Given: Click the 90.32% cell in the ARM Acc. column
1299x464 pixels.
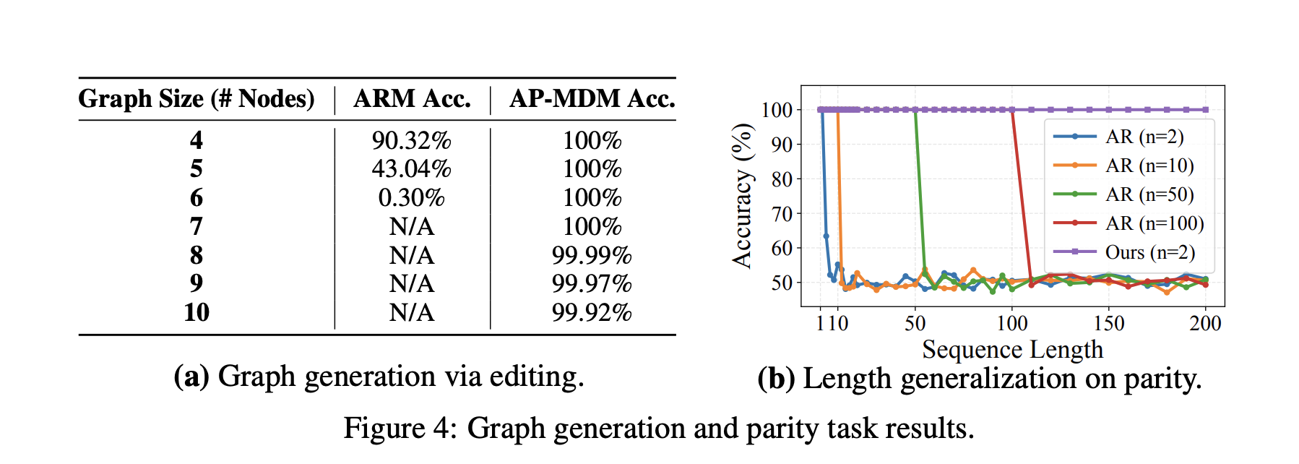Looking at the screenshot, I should pyautogui.click(x=411, y=140).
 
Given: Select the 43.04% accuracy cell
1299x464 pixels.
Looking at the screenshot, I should pyautogui.click(x=411, y=169).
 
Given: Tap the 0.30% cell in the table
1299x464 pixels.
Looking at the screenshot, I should pyautogui.click(x=411, y=197).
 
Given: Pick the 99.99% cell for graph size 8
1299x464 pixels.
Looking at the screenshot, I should pyautogui.click(x=591, y=255).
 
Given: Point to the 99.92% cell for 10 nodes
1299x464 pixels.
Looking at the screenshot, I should pyautogui.click(x=591, y=312).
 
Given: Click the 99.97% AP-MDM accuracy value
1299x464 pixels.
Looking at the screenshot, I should pyautogui.click(x=591, y=283).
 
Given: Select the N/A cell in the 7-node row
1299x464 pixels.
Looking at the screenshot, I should pyautogui.click(x=411, y=226).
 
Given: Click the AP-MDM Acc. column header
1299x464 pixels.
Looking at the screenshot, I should pyautogui.click(x=592, y=99).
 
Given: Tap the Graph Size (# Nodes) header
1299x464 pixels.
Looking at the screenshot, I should pyautogui.click(x=197, y=99).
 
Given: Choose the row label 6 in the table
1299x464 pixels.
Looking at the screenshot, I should pyautogui.click(x=197, y=197).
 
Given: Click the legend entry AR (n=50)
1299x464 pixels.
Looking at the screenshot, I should pyautogui.click(x=1149, y=194).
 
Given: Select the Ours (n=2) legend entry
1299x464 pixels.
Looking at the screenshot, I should pyautogui.click(x=1149, y=252).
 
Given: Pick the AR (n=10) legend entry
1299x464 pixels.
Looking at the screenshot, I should pyautogui.click(x=1149, y=166).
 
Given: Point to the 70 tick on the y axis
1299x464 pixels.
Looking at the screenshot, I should pyautogui.click(x=782, y=214).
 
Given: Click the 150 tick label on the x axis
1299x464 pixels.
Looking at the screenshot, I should pyautogui.click(x=1109, y=323).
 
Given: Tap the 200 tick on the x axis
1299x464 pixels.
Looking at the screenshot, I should pyautogui.click(x=1205, y=323).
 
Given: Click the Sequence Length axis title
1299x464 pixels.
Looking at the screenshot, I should pyautogui.click(x=1012, y=349).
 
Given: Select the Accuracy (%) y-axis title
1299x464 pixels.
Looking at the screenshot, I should pyautogui.click(x=742, y=196).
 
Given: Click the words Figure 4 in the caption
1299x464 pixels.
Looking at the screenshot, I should pyautogui.click(x=396, y=428).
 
